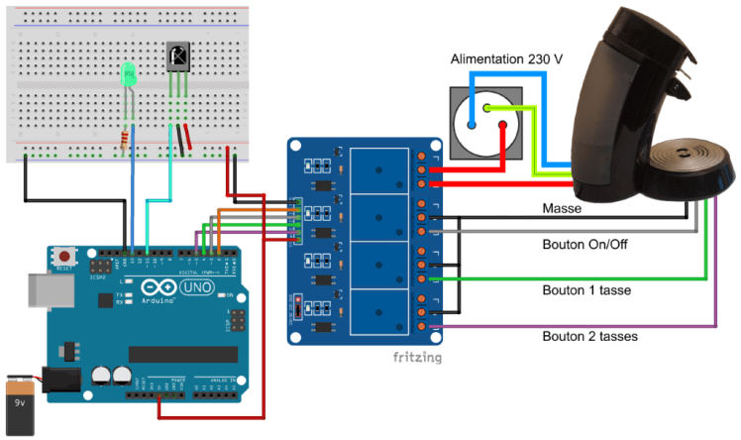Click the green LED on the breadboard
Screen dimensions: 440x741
tap(127, 75)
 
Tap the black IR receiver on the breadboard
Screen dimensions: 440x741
tap(177, 57)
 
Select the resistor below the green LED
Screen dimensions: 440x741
tap(124, 138)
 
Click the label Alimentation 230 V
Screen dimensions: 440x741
tap(506, 59)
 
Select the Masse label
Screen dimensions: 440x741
tap(561, 209)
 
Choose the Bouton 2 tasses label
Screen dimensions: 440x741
tap(591, 336)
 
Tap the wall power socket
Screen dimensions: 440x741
tap(485, 122)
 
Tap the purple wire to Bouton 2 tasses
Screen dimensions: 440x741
tap(594, 325)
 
